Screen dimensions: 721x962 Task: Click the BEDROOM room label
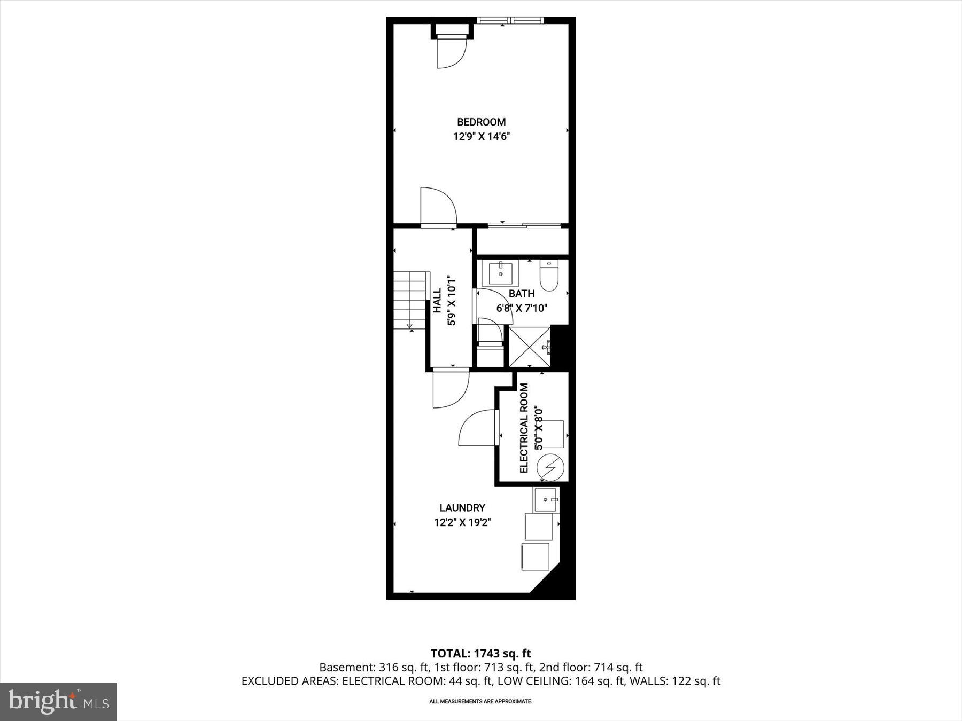click(481, 122)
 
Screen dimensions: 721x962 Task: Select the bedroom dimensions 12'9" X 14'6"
click(481, 136)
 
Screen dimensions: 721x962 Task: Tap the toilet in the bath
click(548, 275)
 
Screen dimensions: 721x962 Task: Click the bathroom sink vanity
click(501, 273)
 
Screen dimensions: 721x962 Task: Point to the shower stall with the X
click(529, 347)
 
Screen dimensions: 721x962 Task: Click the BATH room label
click(521, 293)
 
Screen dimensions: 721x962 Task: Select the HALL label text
click(437, 301)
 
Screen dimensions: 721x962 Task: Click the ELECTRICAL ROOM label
click(524, 428)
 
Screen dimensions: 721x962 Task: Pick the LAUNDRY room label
click(462, 507)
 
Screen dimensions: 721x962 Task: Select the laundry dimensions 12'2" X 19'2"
click(462, 522)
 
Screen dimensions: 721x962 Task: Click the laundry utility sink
click(546, 500)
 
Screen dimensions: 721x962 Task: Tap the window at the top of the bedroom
click(510, 21)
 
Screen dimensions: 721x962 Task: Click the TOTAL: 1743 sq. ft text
click(481, 653)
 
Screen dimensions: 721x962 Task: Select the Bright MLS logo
click(59, 701)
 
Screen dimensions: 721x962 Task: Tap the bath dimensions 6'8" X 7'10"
click(522, 308)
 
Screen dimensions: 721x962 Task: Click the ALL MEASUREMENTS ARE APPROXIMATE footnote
click(481, 701)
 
